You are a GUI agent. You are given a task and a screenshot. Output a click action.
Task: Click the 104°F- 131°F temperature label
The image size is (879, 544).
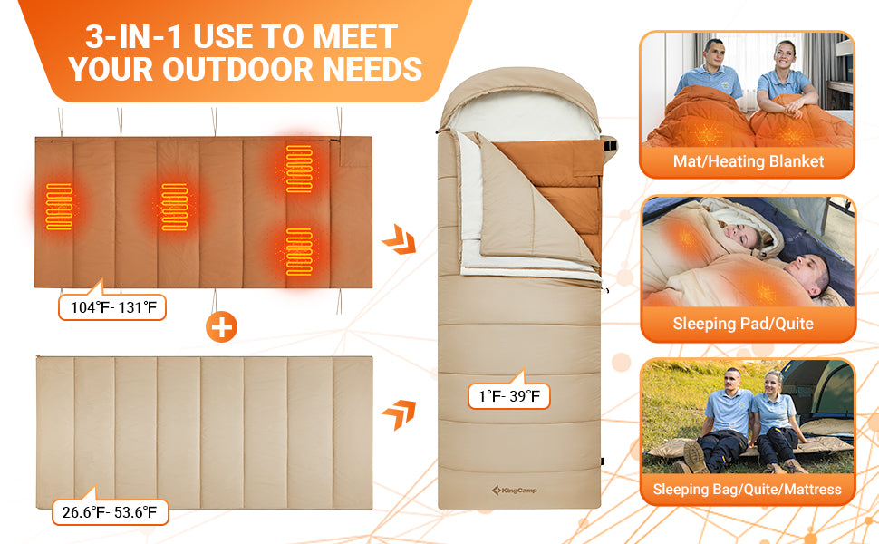[x=112, y=307]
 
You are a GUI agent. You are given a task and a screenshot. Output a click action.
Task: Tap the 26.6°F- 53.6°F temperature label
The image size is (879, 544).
[x=110, y=512]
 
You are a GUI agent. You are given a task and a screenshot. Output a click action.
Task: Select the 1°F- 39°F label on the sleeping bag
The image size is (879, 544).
[x=509, y=396]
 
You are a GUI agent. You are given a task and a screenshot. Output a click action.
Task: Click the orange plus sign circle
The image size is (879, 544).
[x=221, y=327]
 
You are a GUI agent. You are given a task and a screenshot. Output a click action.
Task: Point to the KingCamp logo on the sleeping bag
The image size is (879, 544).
[x=514, y=491]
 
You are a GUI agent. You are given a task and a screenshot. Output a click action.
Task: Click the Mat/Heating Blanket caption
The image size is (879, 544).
[x=749, y=161]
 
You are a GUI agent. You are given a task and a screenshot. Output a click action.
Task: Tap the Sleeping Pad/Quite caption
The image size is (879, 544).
[x=743, y=324]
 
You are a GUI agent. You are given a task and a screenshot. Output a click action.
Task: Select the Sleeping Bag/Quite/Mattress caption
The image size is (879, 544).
[x=748, y=489]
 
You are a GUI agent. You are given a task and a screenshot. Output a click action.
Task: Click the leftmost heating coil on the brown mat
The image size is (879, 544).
[x=59, y=207]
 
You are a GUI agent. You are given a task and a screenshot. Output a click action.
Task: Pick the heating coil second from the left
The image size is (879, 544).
[x=174, y=207]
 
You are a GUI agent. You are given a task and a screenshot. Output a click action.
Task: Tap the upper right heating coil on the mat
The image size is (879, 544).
[x=299, y=169]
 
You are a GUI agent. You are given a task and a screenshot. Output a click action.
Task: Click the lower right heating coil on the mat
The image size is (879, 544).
[x=299, y=252]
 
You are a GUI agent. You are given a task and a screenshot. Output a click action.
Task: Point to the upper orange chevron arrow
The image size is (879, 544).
[x=399, y=239]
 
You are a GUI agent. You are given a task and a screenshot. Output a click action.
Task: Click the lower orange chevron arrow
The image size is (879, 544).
[x=399, y=415]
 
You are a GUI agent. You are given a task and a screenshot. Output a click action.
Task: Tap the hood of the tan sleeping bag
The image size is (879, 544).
[x=519, y=101]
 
